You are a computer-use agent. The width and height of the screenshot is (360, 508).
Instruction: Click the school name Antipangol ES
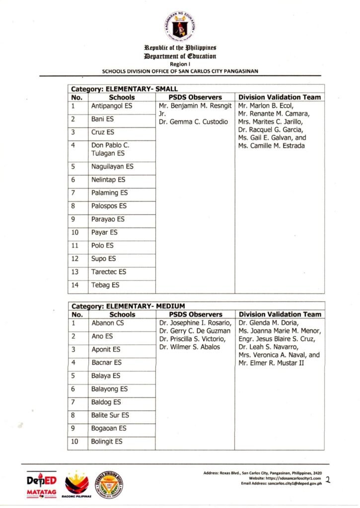(112, 106)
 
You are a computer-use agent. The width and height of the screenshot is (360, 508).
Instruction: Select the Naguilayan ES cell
(112, 167)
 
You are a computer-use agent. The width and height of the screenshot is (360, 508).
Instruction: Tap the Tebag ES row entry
(105, 285)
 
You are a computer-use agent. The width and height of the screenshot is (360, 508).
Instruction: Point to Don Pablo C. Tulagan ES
(110, 149)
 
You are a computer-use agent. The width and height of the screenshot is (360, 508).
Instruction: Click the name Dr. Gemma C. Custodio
(193, 122)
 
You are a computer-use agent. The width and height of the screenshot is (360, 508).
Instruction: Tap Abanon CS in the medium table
(107, 323)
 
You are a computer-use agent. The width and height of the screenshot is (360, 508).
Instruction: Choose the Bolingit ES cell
(106, 442)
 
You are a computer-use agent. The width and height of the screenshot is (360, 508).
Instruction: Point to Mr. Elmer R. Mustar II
(271, 363)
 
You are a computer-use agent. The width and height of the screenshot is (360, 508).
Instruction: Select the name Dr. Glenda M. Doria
(267, 323)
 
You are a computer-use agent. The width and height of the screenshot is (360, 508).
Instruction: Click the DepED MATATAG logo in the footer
(41, 484)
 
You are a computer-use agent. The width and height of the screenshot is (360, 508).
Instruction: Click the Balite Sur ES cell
(110, 415)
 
